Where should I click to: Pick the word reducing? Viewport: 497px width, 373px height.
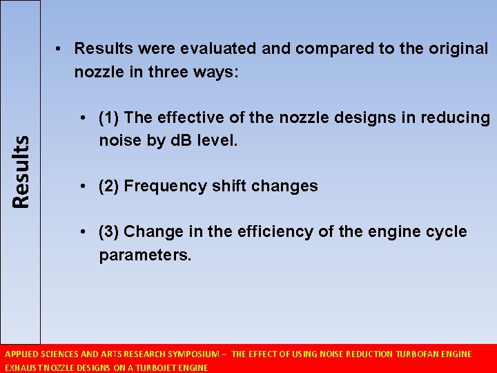pyautogui.click(x=458, y=118)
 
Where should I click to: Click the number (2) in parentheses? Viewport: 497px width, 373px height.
pyautogui.click(x=110, y=186)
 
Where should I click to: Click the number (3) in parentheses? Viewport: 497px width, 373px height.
pyautogui.click(x=110, y=231)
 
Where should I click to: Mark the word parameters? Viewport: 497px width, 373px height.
pyautogui.click(x=145, y=255)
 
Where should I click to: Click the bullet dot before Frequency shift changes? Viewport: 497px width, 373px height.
pyautogui.click(x=82, y=186)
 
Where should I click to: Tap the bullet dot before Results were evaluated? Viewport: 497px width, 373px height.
pyautogui.click(x=61, y=49)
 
